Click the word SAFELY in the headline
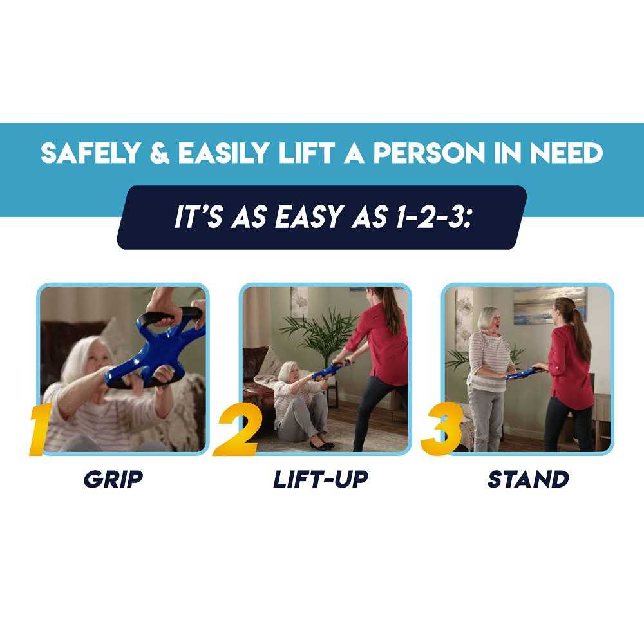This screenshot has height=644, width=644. point(90,153)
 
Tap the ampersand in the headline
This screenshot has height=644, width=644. point(160,153)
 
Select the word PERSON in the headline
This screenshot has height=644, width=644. point(429,153)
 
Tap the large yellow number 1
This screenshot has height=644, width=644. point(40,429)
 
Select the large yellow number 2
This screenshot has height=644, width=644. point(238,429)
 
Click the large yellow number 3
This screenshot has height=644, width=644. point(442,429)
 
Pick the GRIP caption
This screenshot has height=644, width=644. point(113,479)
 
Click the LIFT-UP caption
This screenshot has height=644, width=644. point(321,479)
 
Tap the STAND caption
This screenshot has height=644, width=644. point(529,479)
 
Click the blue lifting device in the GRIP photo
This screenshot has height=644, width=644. point(156,349)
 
